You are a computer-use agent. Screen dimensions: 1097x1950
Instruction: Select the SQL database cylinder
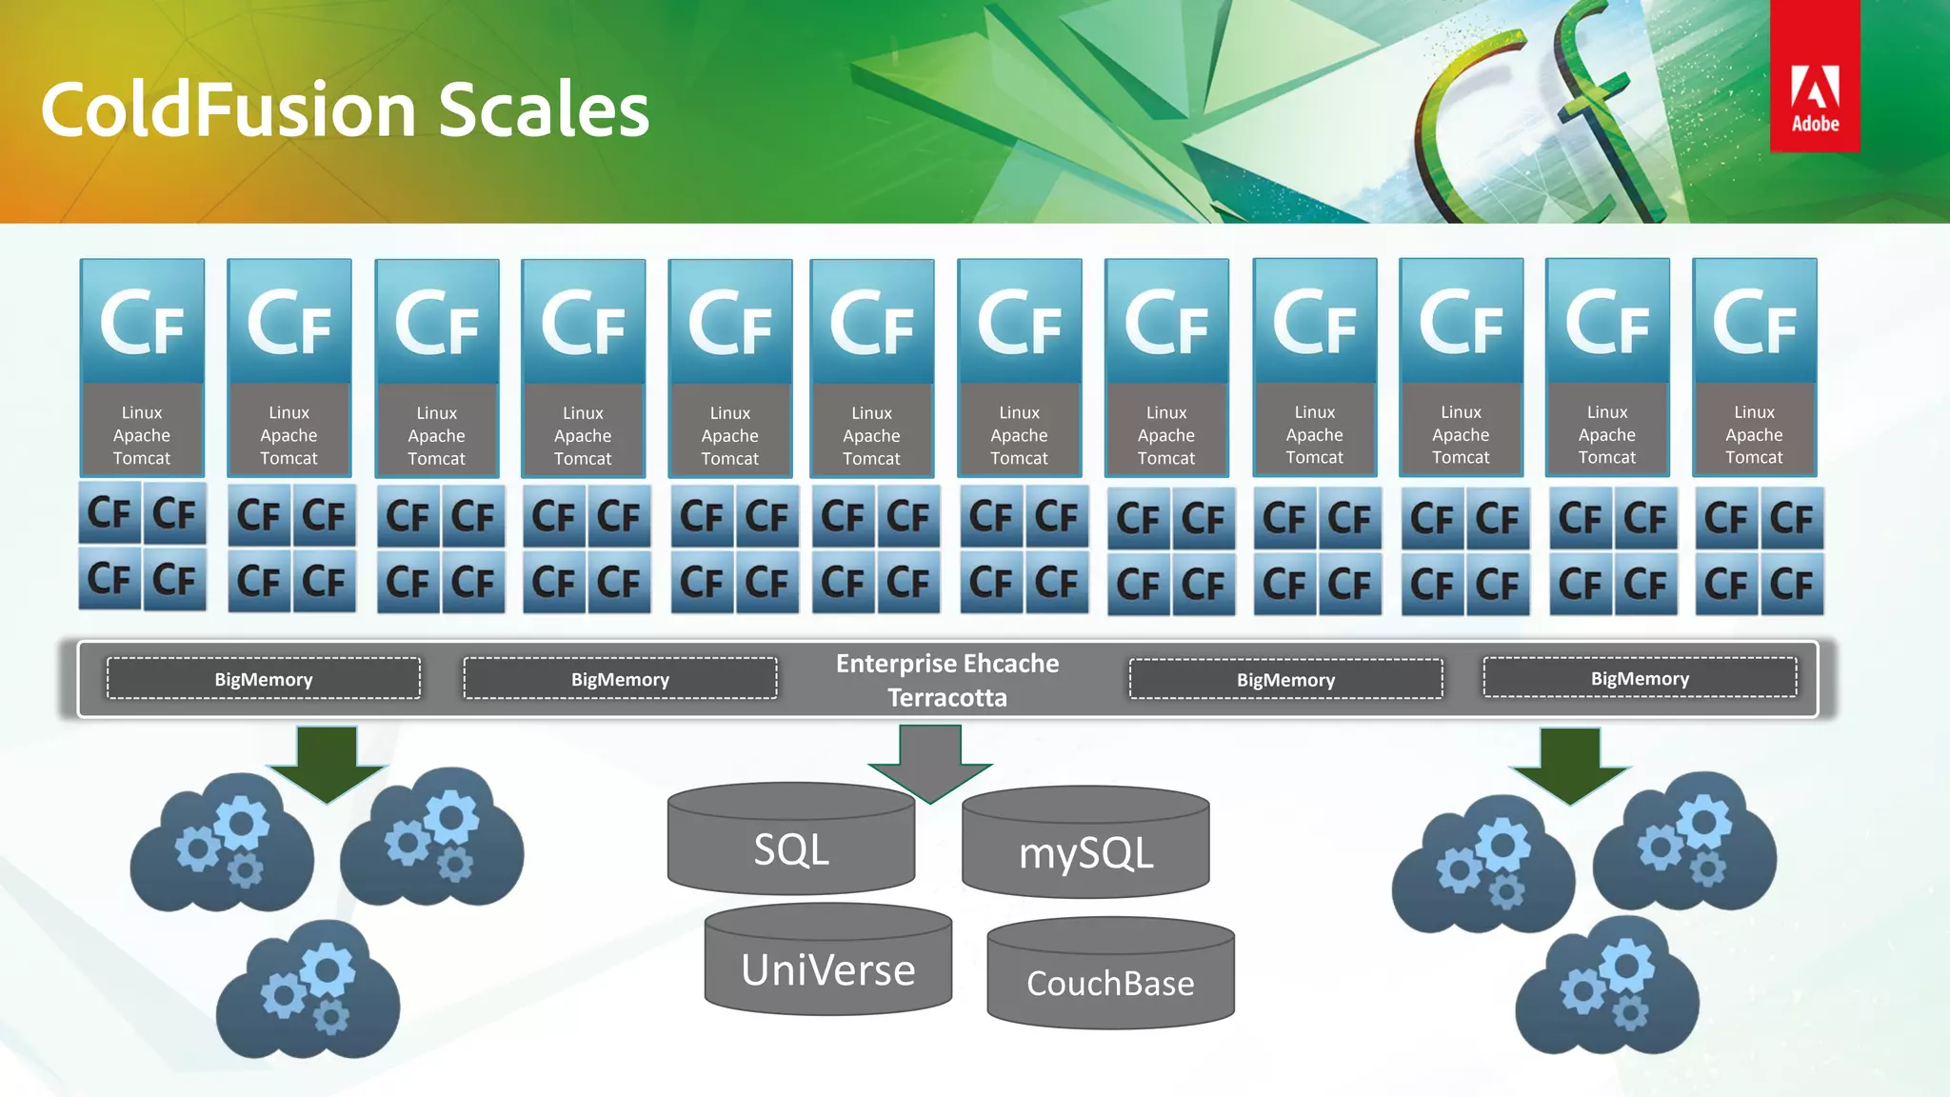point(790,843)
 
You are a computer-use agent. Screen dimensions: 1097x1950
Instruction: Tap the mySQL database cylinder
point(1085,848)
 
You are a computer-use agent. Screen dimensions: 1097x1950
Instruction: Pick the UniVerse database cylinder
point(827,964)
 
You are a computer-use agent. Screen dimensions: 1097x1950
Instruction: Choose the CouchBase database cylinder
point(1110,977)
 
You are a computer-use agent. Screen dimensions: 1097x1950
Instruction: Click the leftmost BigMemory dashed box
point(264,679)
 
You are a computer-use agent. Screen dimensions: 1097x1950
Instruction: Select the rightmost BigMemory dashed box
point(1640,678)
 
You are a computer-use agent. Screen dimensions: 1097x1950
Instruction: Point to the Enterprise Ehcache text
point(947,664)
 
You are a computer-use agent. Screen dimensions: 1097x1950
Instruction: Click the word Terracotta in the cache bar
point(947,698)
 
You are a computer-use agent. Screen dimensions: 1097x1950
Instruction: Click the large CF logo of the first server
point(142,324)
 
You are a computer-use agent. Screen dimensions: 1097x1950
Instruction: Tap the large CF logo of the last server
point(1754,324)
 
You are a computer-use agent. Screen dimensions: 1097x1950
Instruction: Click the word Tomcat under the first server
point(142,458)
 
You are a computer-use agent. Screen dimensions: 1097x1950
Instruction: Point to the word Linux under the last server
point(1754,412)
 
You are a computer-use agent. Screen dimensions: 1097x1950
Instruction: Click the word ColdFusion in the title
point(229,110)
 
